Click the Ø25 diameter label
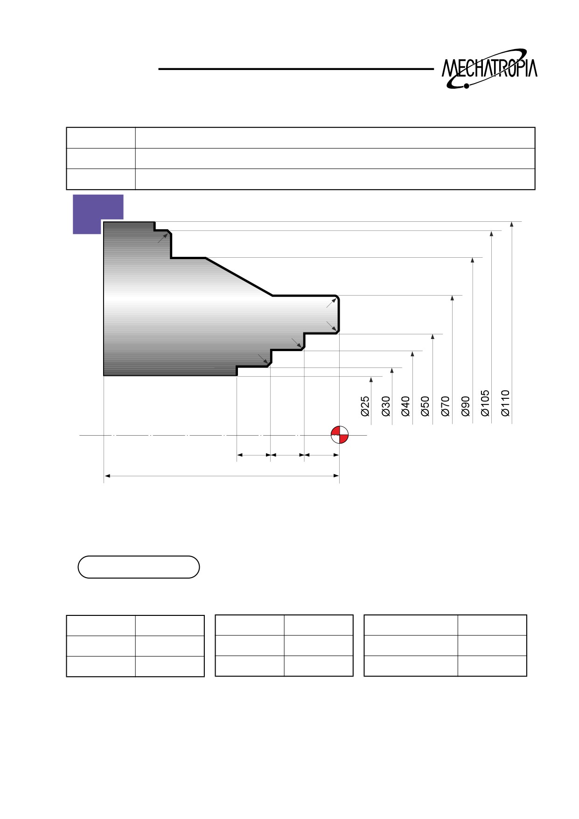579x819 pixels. pyautogui.click(x=365, y=406)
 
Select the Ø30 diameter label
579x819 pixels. pyautogui.click(x=385, y=406)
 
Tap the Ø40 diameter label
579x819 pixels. pyautogui.click(x=405, y=406)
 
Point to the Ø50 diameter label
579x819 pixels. pyautogui.click(x=425, y=406)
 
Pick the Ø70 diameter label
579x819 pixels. pyautogui.click(x=445, y=406)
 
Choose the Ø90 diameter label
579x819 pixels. pyautogui.click(x=465, y=406)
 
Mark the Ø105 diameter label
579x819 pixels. pyautogui.click(x=485, y=403)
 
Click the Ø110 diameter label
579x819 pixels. pyautogui.click(x=505, y=403)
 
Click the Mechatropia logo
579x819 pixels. pyautogui.click(x=489, y=69)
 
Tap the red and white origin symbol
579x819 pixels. pyautogui.click(x=339, y=435)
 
